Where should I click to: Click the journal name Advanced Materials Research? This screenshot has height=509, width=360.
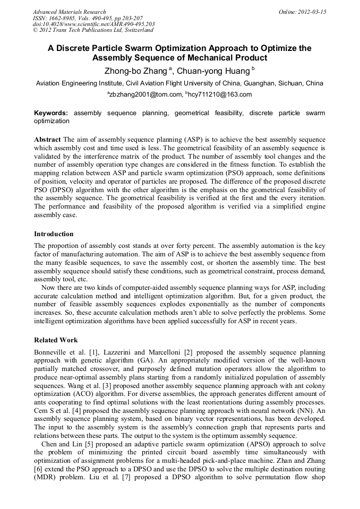point(69,12)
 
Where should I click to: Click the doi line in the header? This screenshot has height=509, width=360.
point(93,24)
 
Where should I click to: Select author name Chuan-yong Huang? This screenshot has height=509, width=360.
point(211,70)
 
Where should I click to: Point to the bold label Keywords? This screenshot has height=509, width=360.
point(51,114)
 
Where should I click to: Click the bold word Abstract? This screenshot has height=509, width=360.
point(48,139)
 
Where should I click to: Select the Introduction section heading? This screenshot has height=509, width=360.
point(54,234)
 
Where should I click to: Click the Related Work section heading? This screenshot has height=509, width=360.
point(56,340)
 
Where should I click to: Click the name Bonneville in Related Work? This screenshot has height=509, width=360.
point(51,352)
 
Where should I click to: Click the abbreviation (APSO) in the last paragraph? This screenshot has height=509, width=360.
point(245,443)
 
